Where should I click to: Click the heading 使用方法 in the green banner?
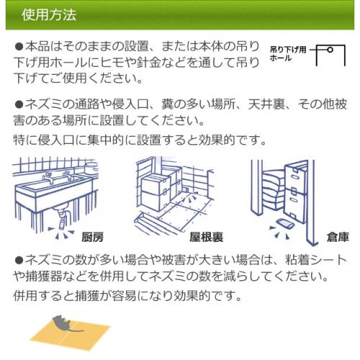tap(49, 15)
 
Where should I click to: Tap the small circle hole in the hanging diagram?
tap(330, 50)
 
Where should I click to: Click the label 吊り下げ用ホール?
tap(288, 54)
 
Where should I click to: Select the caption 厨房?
tap(93, 237)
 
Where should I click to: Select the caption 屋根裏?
tap(207, 237)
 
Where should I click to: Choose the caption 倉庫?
tap(338, 237)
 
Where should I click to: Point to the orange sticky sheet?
tap(70, 333)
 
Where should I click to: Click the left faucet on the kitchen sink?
tap(49, 178)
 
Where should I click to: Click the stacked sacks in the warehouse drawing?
tap(274, 191)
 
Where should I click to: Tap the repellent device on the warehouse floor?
tap(284, 223)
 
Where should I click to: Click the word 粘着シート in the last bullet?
tap(316, 260)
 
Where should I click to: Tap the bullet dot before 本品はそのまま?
tap(19, 46)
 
